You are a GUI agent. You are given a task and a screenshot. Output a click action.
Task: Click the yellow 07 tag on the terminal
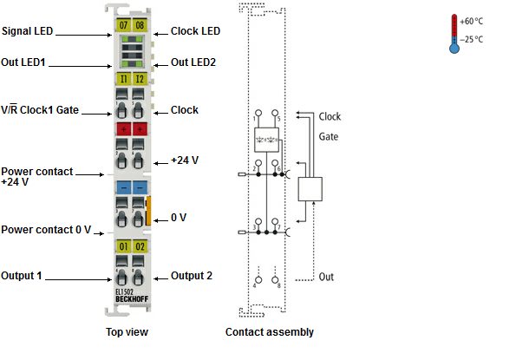pos(123,25)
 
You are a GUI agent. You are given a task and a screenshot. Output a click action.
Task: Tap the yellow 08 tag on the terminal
pos(140,25)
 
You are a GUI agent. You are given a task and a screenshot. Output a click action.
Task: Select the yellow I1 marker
pos(123,79)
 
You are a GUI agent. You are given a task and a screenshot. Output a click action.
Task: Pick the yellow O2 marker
pos(140,246)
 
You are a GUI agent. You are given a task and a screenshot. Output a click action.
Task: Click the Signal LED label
pos(28,31)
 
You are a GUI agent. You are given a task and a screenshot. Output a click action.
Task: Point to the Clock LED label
pos(195,31)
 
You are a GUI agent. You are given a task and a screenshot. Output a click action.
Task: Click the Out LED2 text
pos(193,62)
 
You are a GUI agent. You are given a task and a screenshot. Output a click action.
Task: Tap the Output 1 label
pos(22,276)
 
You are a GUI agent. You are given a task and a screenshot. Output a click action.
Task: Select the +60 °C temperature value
pos(471,22)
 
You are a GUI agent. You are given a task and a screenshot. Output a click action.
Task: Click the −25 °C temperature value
pos(471,40)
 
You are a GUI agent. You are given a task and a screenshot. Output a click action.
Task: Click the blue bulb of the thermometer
pos(454,49)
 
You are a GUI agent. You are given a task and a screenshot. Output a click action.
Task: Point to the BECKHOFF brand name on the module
pos(132,299)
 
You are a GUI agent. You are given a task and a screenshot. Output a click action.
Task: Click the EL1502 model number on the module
pos(124,292)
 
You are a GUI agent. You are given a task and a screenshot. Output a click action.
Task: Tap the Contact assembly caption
pos(270,332)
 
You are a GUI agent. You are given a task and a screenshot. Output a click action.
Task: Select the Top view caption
pos(127,332)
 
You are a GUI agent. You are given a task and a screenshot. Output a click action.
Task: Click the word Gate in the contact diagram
pos(329,137)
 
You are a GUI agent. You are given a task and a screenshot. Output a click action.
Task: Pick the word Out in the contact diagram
pos(326,277)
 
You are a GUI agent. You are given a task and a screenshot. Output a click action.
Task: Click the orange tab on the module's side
pos(147,211)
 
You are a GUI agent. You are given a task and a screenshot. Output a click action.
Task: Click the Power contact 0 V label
pos(46,230)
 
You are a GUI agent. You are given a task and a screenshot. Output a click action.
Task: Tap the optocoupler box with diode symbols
pos(266,140)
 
